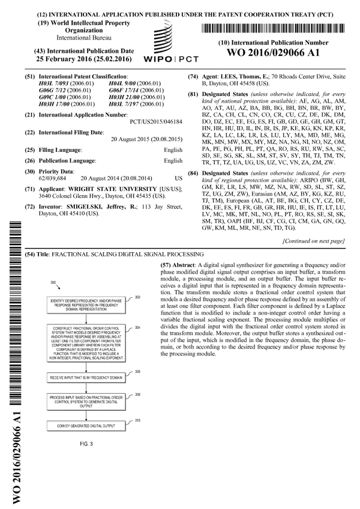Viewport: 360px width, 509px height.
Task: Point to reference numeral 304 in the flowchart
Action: [137, 328]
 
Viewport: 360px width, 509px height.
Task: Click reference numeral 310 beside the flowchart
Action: [137, 420]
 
